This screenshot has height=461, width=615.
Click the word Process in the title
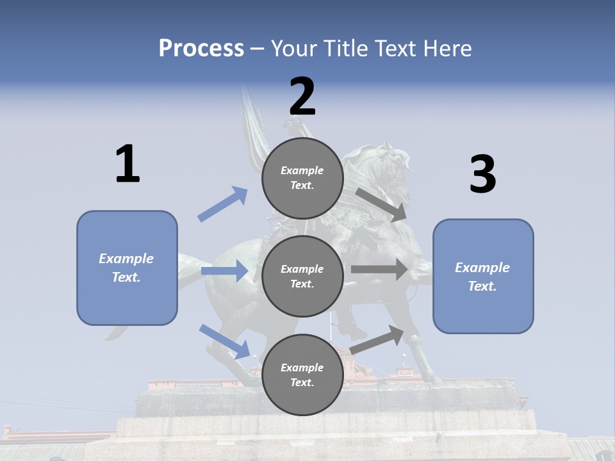(x=201, y=48)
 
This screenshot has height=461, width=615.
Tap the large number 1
(x=127, y=164)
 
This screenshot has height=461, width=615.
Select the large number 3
(x=482, y=175)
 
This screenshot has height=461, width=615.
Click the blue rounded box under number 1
(x=127, y=268)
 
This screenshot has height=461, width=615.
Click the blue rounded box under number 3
(x=483, y=276)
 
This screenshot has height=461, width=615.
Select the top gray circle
(x=302, y=178)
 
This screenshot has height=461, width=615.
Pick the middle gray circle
(x=302, y=276)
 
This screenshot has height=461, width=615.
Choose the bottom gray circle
(x=302, y=375)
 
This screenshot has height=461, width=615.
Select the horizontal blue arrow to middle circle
(x=224, y=271)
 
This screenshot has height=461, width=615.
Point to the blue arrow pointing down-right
(x=225, y=341)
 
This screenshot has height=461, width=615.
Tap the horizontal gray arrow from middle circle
(x=379, y=270)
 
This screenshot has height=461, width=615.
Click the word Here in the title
(x=447, y=48)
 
